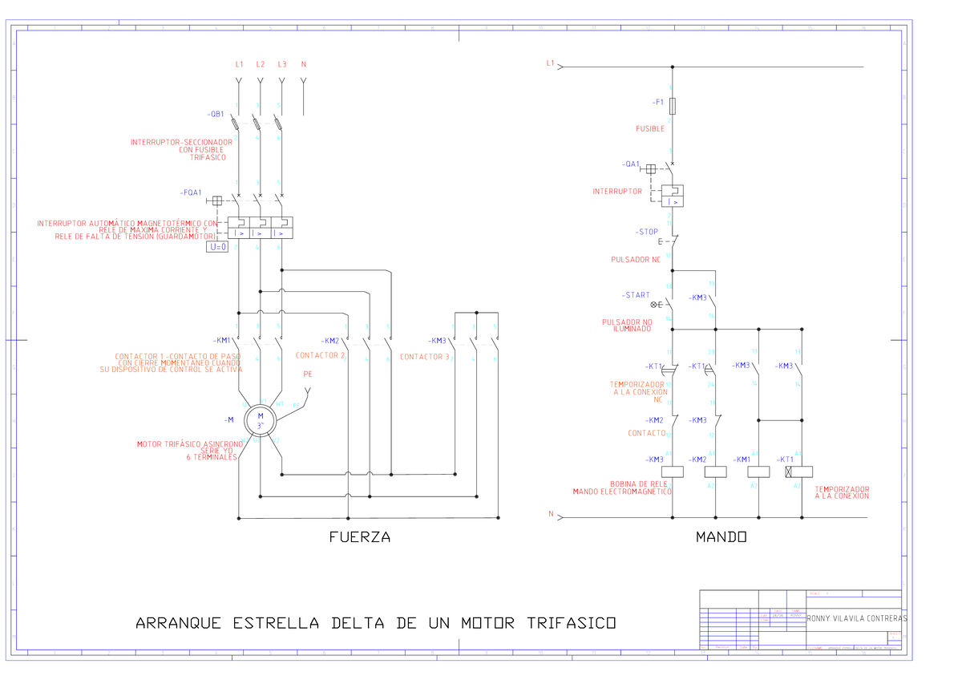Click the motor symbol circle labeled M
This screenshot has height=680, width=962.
coord(260,417)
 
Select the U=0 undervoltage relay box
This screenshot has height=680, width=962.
coord(218,247)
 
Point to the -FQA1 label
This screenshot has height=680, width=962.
coord(191,193)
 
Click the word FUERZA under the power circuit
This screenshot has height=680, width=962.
coord(360,537)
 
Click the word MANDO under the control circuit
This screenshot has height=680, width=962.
coord(721,537)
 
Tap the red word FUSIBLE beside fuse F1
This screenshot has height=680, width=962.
coord(650,128)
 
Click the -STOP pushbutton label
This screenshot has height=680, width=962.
coord(647,232)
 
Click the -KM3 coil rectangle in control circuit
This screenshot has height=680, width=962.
coord(672,472)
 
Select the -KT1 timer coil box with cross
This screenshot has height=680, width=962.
coord(802,472)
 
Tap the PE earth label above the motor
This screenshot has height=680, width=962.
coord(308,374)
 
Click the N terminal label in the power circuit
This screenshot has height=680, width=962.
coord(303,64)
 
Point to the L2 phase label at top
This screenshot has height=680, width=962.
coord(261,64)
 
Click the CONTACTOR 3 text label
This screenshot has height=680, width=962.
coord(425,357)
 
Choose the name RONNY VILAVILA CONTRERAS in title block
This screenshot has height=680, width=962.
coord(856,619)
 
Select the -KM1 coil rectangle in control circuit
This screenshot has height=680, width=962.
coord(758,472)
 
